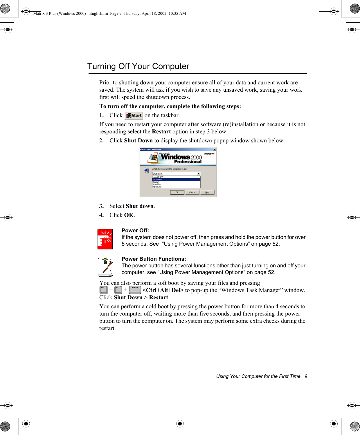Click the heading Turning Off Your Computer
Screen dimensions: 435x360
138,66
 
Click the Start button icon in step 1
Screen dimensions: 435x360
134,115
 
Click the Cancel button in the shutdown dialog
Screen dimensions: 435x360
192,192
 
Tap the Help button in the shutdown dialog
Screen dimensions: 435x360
207,192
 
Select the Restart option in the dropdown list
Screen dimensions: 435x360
156,182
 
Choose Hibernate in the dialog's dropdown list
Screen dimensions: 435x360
157,187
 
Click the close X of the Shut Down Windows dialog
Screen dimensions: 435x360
214,150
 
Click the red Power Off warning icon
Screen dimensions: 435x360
105,239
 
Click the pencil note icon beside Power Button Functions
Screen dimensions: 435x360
105,267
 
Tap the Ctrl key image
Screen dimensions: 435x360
103,289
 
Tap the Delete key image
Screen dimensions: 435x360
135,289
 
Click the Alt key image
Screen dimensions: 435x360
118,289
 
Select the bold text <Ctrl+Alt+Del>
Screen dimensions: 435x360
163,290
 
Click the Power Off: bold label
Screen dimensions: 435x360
135,231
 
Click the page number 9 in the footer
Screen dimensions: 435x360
306,376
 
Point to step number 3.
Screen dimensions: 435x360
101,206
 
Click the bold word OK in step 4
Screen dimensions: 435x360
129,215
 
